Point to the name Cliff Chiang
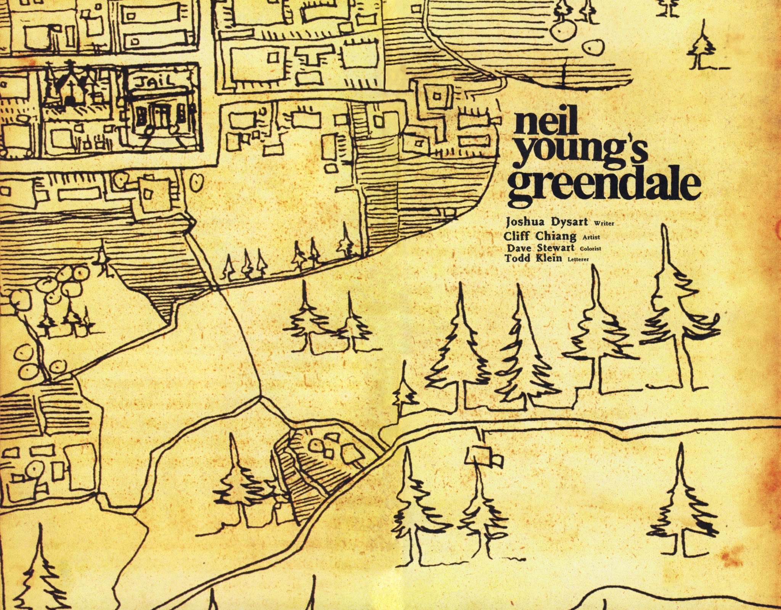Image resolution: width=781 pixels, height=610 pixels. [x=540, y=236]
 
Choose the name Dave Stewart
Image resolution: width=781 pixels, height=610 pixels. [x=540, y=248]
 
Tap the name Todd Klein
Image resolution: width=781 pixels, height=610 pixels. [x=533, y=258]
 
